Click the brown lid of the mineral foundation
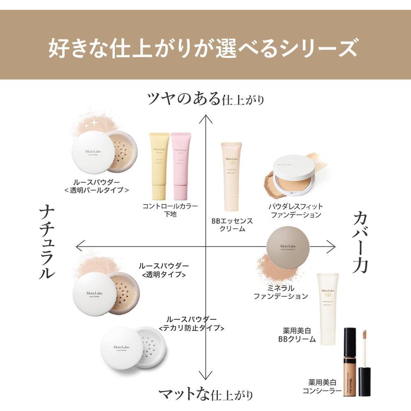click(x=287, y=247)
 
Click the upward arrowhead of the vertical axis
click(x=205, y=119)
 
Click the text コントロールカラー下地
click(x=170, y=210)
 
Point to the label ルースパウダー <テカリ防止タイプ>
click(x=191, y=323)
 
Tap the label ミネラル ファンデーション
click(x=280, y=292)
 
